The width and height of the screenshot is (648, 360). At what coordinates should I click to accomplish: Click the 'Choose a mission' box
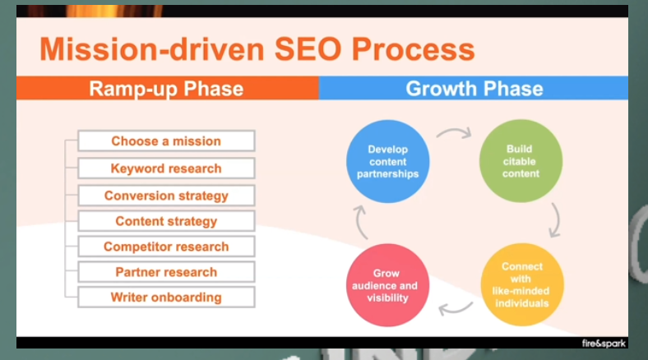point(166,141)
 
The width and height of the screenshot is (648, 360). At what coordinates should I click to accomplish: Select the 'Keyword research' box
point(166,168)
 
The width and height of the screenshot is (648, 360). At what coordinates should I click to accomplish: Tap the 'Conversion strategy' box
point(166,196)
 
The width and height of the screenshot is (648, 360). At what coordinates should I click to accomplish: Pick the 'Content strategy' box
point(166,221)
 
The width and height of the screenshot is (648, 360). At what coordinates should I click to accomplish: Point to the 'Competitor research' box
point(166,247)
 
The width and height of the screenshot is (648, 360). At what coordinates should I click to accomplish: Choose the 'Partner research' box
point(166,272)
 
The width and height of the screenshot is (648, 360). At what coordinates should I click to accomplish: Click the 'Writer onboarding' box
point(166,297)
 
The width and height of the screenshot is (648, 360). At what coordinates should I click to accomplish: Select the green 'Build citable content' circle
point(521,161)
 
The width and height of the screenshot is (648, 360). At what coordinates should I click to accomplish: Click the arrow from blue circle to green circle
point(453,132)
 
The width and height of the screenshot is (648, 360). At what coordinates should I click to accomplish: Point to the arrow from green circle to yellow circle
point(557,220)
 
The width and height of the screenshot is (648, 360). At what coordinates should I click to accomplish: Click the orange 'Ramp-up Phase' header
point(166,89)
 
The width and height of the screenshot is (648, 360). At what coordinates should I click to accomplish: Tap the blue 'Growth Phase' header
point(474,89)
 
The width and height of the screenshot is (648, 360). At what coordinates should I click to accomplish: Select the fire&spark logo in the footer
point(602,342)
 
